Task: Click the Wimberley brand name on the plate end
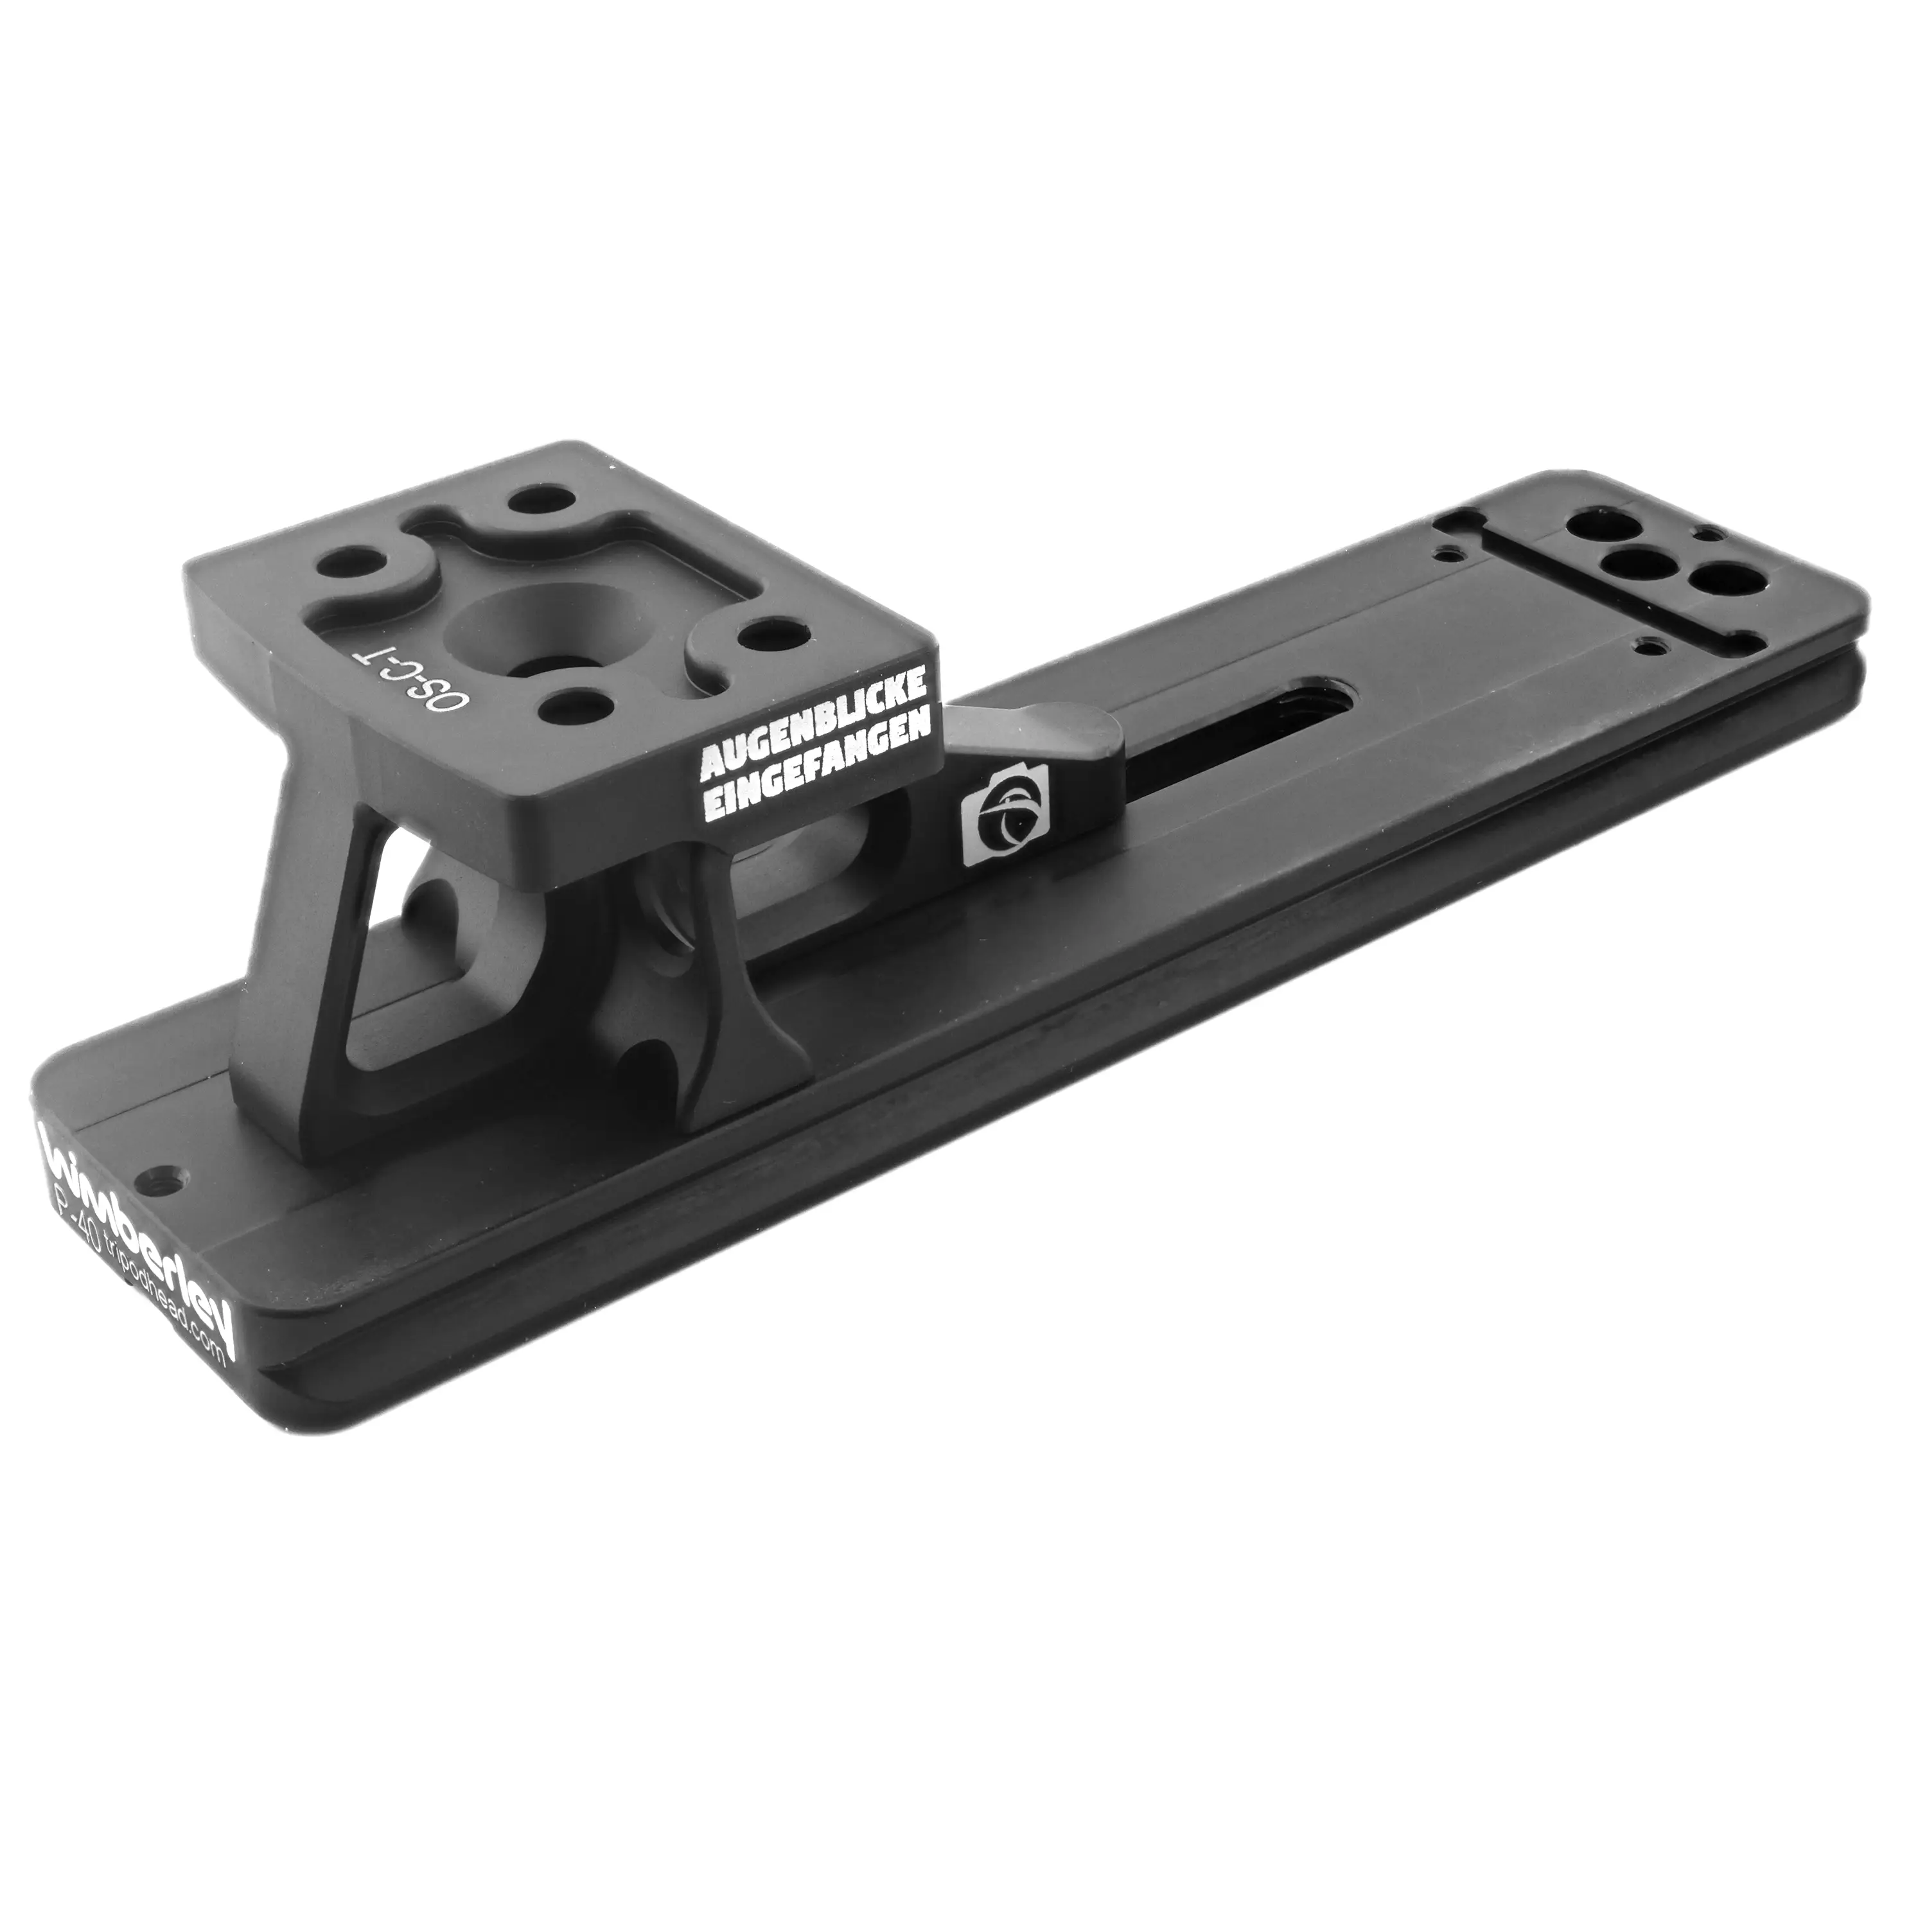point(139,1208)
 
